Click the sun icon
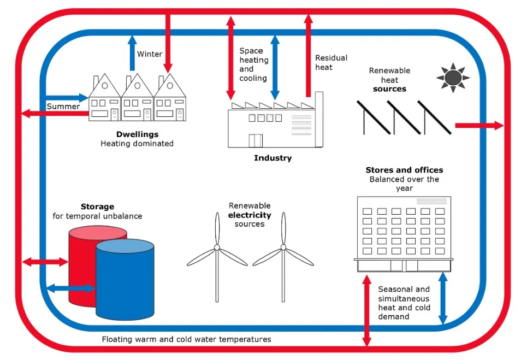[453, 78]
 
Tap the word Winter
[150, 54]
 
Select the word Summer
[63, 107]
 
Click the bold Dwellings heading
[137, 134]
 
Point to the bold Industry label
[273, 158]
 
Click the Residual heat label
[331, 62]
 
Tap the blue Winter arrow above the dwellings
[133, 53]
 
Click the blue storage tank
[125, 279]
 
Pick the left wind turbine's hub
[217, 247]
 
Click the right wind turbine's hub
[283, 247]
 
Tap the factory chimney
[319, 119]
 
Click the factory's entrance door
[256, 140]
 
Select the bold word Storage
[97, 206]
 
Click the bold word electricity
[250, 215]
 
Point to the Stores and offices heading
[404, 170]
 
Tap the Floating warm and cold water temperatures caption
[186, 339]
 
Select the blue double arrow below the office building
[443, 298]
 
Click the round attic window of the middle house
[137, 86]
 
